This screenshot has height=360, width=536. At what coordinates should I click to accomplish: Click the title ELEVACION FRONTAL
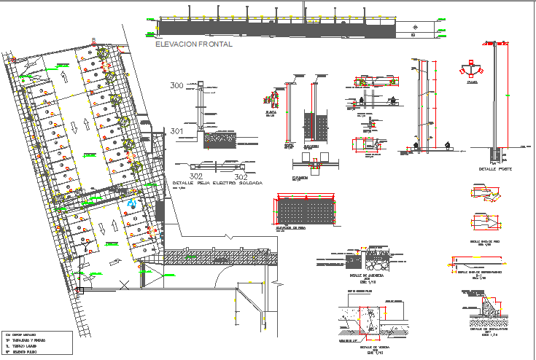click(194, 44)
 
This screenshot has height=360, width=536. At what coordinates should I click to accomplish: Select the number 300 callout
click(176, 86)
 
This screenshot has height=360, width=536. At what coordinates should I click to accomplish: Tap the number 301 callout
click(176, 131)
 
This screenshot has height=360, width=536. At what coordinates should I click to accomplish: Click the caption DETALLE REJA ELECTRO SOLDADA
click(217, 183)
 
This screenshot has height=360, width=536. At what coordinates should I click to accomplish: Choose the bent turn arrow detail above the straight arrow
click(485, 194)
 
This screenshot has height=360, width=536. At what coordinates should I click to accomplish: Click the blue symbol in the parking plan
click(132, 205)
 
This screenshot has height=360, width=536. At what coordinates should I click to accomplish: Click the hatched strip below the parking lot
click(219, 257)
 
